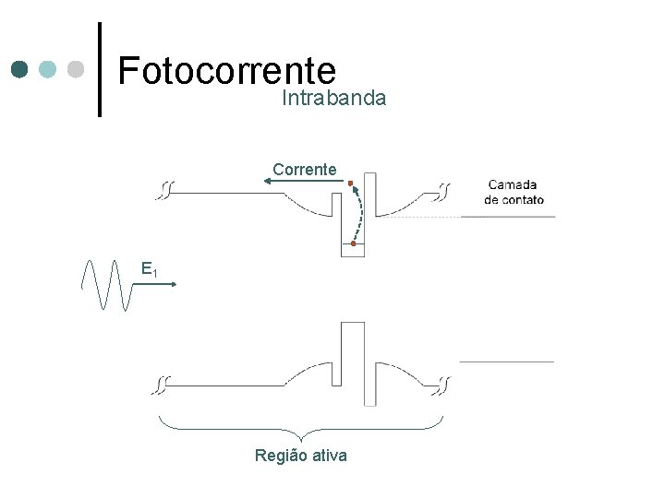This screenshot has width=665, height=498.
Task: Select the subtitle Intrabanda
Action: (x=333, y=98)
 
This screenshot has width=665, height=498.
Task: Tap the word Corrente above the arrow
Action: (x=305, y=169)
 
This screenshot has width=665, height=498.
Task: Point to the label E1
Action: (x=150, y=269)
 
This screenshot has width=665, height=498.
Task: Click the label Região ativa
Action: (x=301, y=455)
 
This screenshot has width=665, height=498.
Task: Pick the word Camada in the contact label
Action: (x=513, y=184)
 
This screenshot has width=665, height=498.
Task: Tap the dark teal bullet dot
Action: (x=19, y=69)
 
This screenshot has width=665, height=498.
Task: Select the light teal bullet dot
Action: (x=48, y=69)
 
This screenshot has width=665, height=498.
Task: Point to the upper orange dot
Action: (x=351, y=183)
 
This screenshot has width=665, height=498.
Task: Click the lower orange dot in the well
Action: (x=353, y=243)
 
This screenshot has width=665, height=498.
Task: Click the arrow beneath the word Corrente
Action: (x=301, y=183)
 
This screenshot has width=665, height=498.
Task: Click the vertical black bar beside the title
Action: (x=100, y=69)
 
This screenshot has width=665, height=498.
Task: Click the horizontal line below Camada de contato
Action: (x=508, y=216)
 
